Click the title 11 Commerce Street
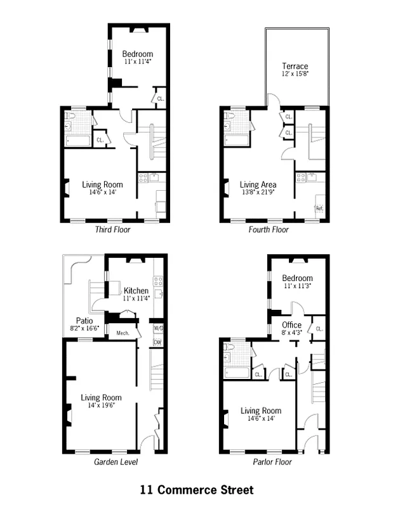pos(197,490)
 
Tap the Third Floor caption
pos(112,229)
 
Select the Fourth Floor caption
pos(269,229)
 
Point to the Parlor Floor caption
pos(272,462)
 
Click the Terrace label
pos(295,66)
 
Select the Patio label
pos(84,320)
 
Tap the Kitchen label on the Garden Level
pos(136,291)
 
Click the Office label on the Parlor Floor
pos(292,325)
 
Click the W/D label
pos(158,328)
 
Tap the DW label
pos(157,343)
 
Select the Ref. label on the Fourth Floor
pos(319,208)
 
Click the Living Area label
pos(257,184)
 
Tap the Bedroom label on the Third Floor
pos(138,54)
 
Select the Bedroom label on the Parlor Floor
pos(297,278)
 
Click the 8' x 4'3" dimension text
pos(292,333)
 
